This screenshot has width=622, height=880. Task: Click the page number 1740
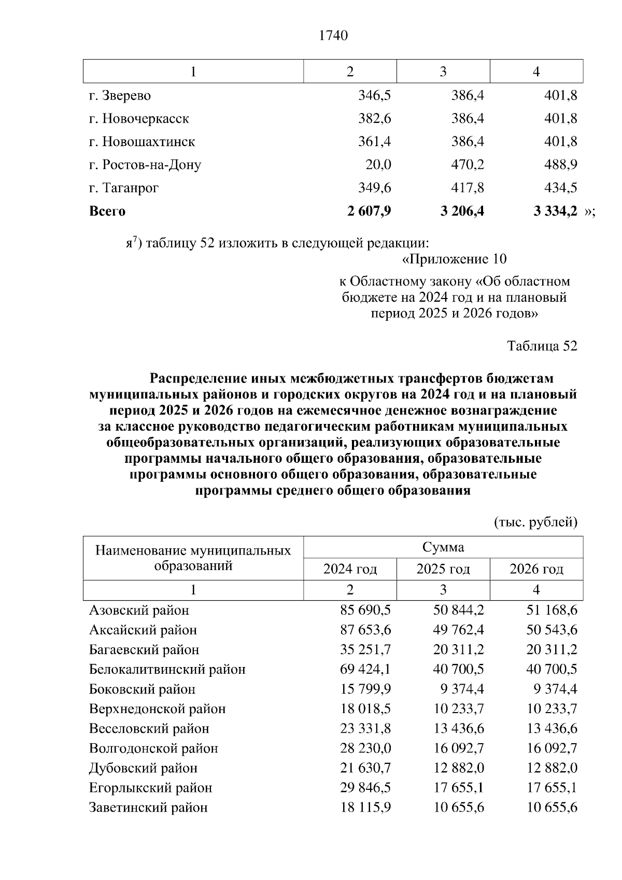tap(333, 35)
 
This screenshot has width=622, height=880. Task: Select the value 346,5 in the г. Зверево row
tap(374, 95)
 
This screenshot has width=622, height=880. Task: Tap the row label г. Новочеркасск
tap(139, 119)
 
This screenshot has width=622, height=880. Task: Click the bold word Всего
tap(107, 211)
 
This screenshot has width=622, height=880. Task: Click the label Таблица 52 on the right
tap(542, 346)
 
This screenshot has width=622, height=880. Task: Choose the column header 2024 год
tap(350, 569)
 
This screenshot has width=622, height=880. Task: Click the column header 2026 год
tap(536, 569)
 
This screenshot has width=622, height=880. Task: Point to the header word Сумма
tap(443, 547)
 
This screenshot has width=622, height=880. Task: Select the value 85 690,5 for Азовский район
tap(365, 610)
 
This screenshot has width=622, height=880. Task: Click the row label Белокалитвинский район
tap(167, 669)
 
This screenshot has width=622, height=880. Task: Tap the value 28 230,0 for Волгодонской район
tap(365, 748)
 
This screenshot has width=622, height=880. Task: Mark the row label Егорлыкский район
tap(150, 788)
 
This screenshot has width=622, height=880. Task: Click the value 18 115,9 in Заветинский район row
tap(365, 807)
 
